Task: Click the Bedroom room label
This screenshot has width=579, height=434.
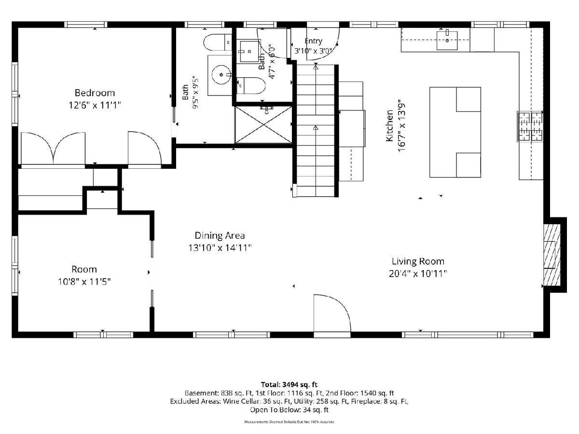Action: click(x=95, y=93)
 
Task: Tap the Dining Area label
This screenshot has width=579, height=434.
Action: click(x=220, y=235)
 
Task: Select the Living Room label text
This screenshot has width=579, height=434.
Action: click(x=418, y=261)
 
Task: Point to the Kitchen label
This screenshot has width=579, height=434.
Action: click(x=389, y=126)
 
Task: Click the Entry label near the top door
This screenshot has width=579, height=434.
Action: click(x=313, y=41)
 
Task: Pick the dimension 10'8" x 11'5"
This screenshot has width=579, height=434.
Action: click(x=84, y=282)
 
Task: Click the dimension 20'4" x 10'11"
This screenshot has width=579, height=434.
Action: click(x=418, y=274)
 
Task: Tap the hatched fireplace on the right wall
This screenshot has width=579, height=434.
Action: click(x=551, y=255)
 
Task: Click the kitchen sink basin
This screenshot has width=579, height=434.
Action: click(x=447, y=41)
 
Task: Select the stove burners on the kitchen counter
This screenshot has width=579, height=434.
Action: click(x=530, y=126)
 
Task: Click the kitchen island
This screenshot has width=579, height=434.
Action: click(x=455, y=132)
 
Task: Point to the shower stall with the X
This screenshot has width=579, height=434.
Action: click(x=263, y=124)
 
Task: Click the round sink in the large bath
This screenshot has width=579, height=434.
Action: click(x=221, y=75)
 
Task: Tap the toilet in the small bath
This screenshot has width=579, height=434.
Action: click(x=250, y=85)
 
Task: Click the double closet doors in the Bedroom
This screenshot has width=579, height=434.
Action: click(x=53, y=149)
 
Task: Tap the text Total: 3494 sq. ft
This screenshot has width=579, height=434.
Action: click(x=289, y=385)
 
